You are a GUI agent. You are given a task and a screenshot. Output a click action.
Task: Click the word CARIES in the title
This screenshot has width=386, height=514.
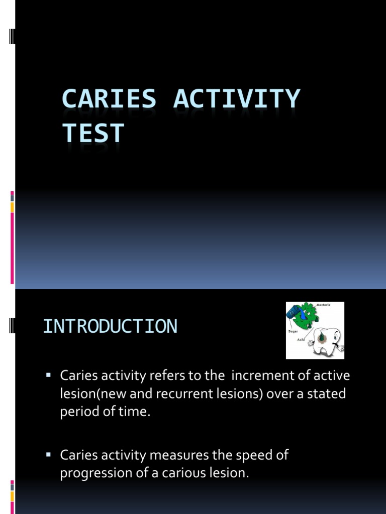[x=109, y=99]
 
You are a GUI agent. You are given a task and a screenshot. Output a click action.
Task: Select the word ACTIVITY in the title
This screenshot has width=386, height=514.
[x=237, y=99]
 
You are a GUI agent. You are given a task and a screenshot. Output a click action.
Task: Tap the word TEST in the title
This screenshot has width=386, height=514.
[x=93, y=134]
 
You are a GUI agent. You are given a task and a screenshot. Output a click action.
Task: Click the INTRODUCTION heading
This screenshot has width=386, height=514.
[x=110, y=326]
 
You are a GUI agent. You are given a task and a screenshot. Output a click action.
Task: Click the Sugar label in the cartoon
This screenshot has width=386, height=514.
[x=294, y=331]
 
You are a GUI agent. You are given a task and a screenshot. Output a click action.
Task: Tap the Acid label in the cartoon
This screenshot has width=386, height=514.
[x=301, y=340]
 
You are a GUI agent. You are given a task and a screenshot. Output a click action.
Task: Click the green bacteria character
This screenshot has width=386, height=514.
[x=308, y=317]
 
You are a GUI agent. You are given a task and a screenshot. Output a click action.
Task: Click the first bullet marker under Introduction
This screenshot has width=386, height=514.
[x=49, y=375]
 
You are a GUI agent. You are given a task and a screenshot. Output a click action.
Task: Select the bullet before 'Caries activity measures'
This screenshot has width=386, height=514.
[x=49, y=455]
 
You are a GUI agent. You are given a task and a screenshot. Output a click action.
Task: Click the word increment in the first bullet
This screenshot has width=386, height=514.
[x=256, y=375]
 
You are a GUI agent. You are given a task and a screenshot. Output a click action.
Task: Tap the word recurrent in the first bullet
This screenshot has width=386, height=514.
[x=181, y=394]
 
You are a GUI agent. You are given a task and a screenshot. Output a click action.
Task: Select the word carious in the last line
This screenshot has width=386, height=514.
[x=183, y=474]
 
